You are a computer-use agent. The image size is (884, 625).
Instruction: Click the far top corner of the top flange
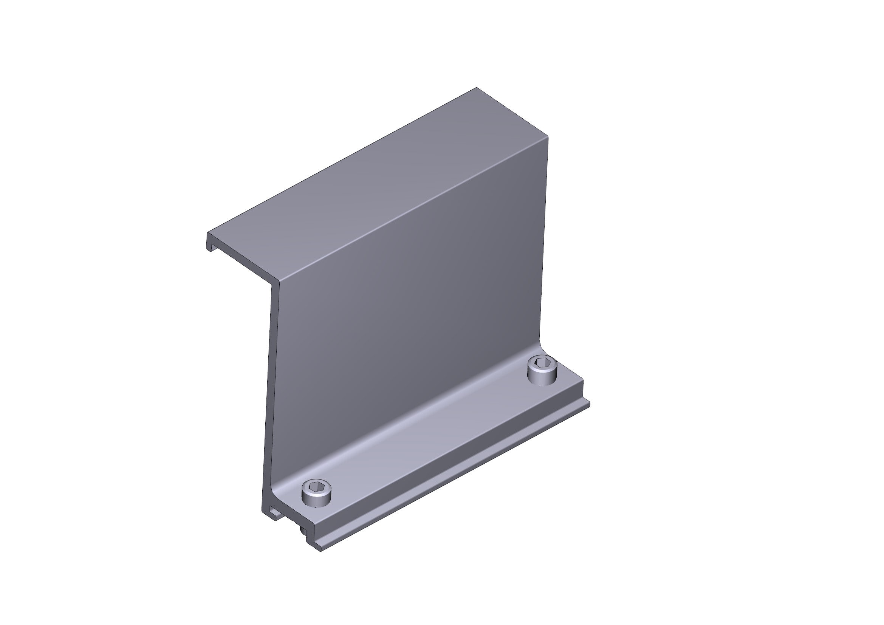pyautogui.click(x=476, y=88)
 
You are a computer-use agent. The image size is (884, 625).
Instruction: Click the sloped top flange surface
pyautogui.click(x=366, y=181)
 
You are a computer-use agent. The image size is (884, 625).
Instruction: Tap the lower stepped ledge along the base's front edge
pyautogui.click(x=454, y=473)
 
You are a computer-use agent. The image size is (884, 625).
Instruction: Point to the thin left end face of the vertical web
pyautogui.click(x=269, y=385)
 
